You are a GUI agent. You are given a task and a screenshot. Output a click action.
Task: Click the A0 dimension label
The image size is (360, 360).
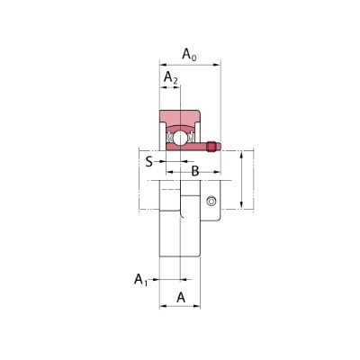tap(189, 55)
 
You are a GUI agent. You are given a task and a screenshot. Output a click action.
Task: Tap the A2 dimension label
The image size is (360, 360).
tap(171, 77)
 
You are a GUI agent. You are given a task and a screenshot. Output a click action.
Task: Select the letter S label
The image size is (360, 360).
tap(149, 162)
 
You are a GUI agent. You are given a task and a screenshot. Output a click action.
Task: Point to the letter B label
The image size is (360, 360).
tap(195, 172)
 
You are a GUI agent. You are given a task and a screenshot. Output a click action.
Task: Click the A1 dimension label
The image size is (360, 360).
tap(140, 280)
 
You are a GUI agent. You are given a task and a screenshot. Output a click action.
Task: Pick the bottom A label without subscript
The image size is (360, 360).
tap(181, 298)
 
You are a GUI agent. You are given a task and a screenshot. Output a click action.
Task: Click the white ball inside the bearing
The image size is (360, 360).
tap(179, 137)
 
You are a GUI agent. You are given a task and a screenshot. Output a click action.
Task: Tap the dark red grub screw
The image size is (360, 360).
tap(212, 147)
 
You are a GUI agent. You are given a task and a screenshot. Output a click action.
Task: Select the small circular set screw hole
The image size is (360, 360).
tap(211, 201)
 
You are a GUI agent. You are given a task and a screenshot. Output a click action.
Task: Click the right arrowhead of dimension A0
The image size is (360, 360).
tap(217, 65)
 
